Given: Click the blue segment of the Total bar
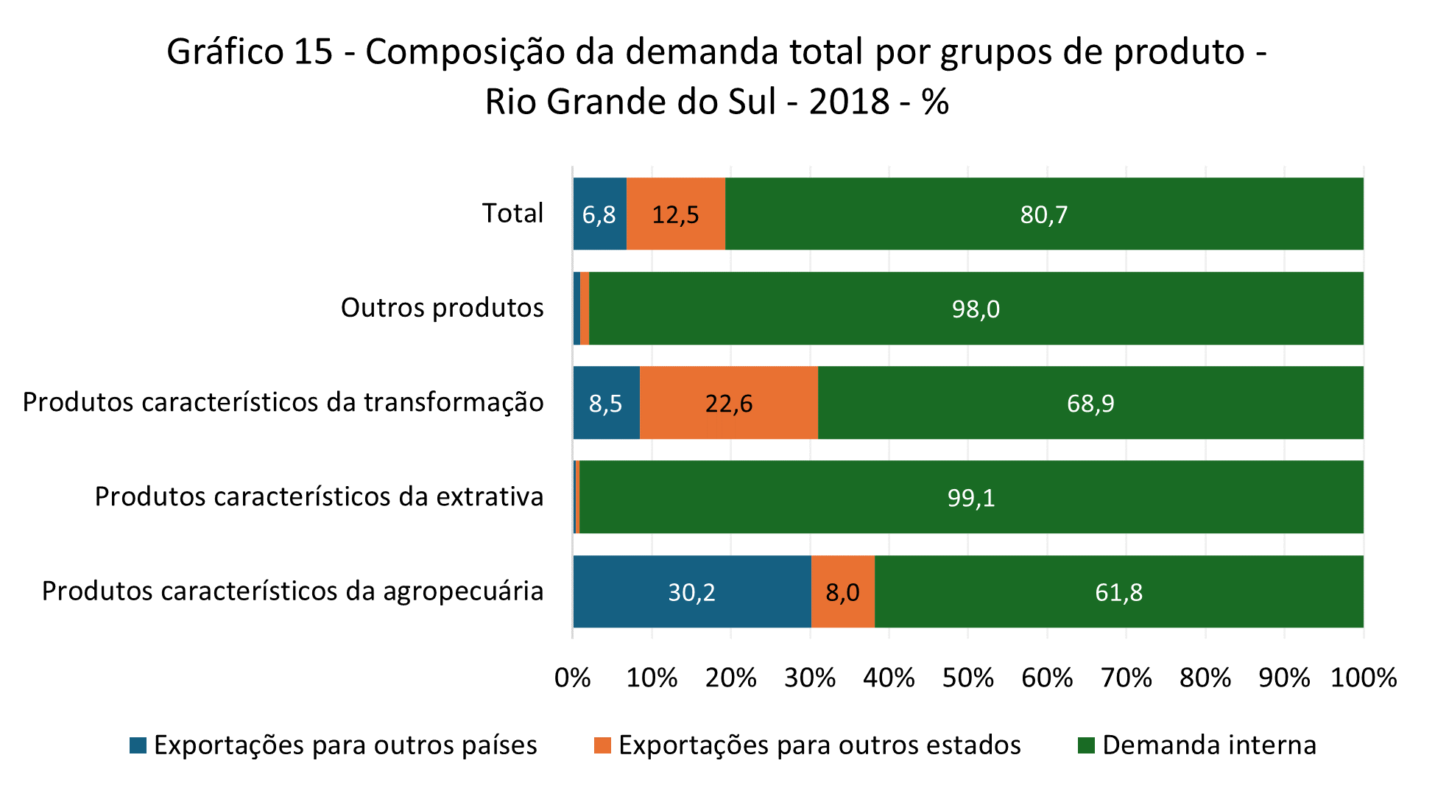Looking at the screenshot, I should click(599, 214).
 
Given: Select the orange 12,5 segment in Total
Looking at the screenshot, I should click(676, 214).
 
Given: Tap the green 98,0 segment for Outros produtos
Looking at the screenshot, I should click(976, 309).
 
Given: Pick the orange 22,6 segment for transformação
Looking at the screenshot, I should click(729, 403).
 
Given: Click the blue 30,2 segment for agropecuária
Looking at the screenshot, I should click(691, 592).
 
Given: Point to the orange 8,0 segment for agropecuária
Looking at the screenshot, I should click(842, 592).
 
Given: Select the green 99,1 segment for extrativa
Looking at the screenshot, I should click(970, 498).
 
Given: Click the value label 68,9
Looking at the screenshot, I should click(1090, 404).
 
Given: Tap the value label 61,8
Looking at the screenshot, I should click(1118, 592).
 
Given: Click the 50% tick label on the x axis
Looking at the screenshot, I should click(967, 678).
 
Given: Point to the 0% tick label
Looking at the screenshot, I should click(572, 678).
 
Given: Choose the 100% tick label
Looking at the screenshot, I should click(1363, 678).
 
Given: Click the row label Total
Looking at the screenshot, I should click(512, 214).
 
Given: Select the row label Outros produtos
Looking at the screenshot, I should click(442, 308).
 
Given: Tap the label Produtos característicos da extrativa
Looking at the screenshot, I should click(319, 497).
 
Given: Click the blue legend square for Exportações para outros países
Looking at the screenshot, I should click(138, 745).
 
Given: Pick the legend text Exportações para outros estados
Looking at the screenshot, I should click(819, 745).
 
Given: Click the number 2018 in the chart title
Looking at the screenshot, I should click(849, 102).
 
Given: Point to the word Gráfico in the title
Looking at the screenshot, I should click(225, 52).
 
